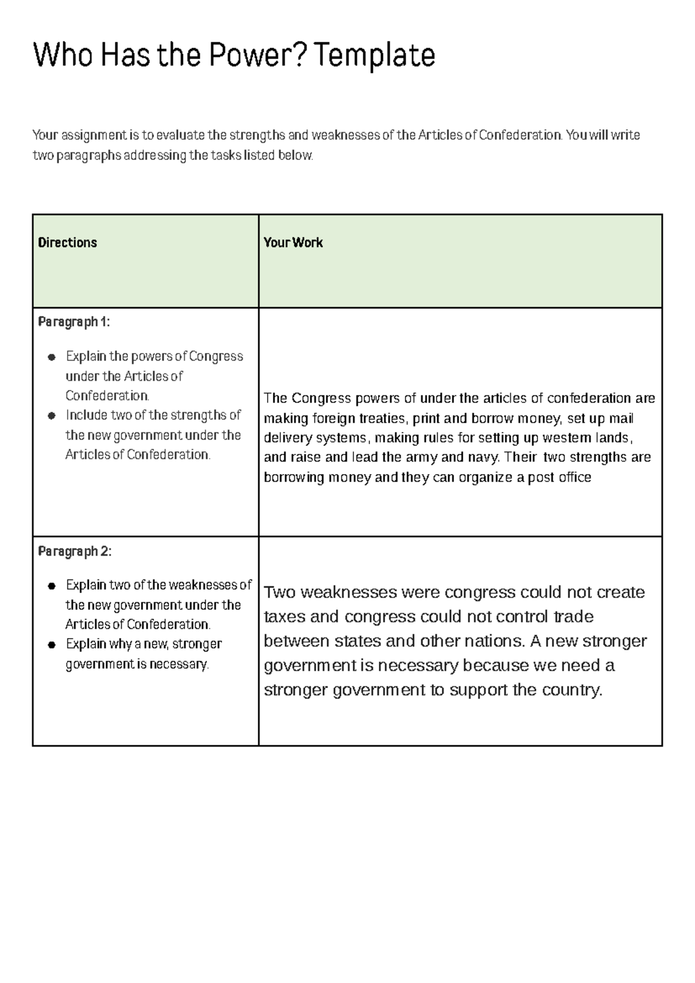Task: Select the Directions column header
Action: click(67, 242)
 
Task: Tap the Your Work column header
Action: click(293, 242)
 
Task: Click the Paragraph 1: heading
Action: click(74, 322)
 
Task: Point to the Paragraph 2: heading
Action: click(74, 551)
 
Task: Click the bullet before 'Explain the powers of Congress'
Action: click(52, 357)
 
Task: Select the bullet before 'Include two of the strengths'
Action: click(52, 416)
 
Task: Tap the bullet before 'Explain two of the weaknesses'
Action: click(52, 586)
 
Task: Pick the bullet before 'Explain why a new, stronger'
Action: click(52, 645)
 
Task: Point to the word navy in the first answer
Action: click(483, 457)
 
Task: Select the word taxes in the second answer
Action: click(284, 617)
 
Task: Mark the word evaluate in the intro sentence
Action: click(180, 135)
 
